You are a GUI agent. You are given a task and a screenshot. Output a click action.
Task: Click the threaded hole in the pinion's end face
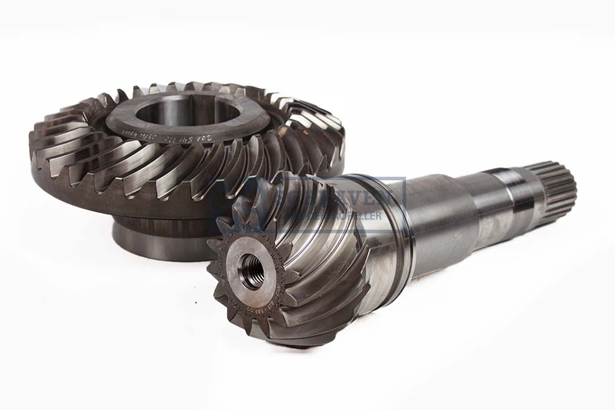[x=251, y=271]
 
